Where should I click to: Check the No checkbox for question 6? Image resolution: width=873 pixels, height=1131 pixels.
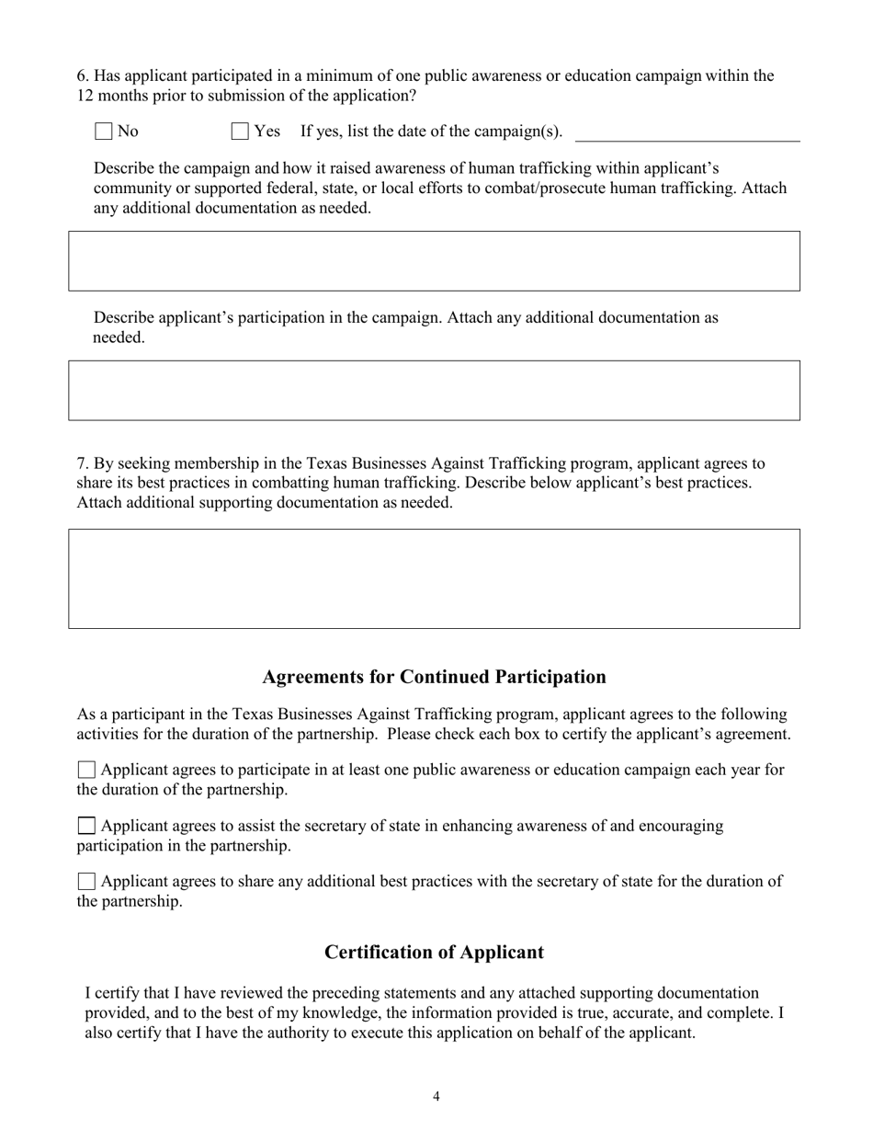(x=104, y=131)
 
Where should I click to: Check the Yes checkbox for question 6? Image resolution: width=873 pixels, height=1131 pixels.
(x=240, y=131)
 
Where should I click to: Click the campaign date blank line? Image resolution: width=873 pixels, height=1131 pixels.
(x=686, y=133)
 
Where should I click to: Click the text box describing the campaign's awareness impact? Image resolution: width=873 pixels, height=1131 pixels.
(x=434, y=261)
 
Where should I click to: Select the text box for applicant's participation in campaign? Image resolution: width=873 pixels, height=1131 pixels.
(x=434, y=391)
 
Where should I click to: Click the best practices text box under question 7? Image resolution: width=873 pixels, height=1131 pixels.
(x=434, y=578)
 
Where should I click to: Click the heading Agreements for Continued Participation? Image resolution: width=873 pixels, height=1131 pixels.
(x=434, y=677)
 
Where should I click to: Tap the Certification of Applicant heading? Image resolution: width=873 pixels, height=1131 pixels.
(x=434, y=953)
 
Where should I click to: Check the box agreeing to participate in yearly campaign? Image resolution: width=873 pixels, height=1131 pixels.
(x=86, y=770)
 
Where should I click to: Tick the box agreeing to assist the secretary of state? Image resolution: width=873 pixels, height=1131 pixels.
(x=86, y=826)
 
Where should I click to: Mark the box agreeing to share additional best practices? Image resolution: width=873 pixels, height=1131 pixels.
(x=86, y=882)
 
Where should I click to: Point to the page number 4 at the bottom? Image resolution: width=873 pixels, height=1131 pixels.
(x=436, y=1096)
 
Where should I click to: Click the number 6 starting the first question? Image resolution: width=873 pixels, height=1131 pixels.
(x=82, y=75)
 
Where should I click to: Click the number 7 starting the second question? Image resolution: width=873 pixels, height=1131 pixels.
(x=82, y=463)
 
